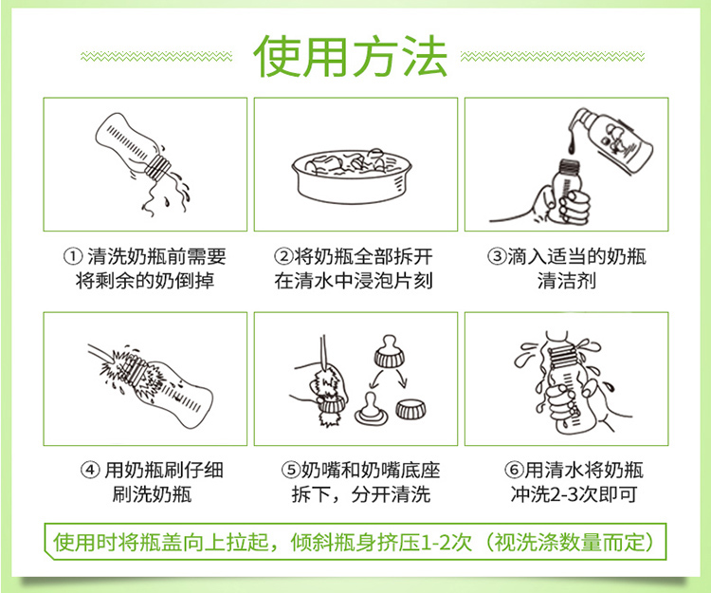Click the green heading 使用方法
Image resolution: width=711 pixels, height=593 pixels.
[x=350, y=56]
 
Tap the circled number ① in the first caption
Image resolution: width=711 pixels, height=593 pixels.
[x=73, y=257]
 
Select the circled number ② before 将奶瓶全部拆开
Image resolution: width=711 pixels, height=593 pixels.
[x=283, y=257]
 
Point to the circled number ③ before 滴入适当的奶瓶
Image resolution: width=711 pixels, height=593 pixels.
[x=497, y=257]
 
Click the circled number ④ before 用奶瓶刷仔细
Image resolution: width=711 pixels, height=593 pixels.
[x=90, y=470]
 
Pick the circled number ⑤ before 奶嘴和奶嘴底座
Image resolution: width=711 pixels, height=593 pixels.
[x=291, y=470]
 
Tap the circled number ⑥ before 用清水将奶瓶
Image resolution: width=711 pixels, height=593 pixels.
[x=514, y=470]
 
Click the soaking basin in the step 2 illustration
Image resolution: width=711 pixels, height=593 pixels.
[x=352, y=176]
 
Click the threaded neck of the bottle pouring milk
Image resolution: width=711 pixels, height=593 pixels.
[x=157, y=167]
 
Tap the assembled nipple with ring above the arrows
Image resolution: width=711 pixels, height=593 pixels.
[x=389, y=351]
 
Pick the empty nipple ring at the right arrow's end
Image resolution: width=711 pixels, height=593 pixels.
[x=410, y=409]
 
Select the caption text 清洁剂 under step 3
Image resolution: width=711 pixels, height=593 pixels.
[x=567, y=281]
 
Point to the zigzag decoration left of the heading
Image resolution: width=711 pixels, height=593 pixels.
[x=156, y=57]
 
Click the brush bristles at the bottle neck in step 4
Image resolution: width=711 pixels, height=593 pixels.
[x=122, y=370]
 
